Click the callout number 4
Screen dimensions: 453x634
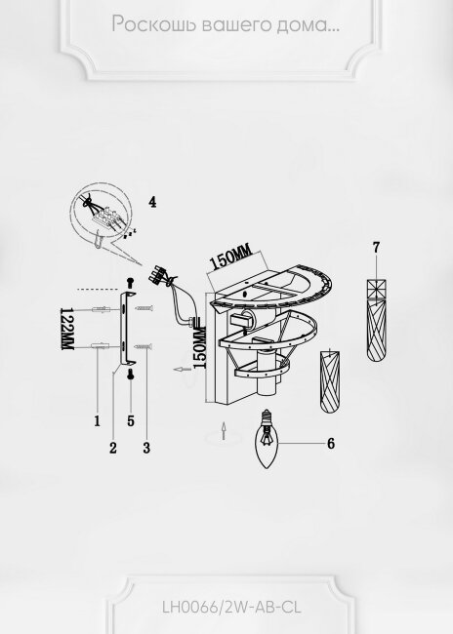pyautogui.click(x=152, y=202)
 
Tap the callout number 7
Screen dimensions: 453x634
pyautogui.click(x=377, y=248)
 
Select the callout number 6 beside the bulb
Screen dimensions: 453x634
pyautogui.click(x=331, y=444)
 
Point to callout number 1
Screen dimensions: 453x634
pyautogui.click(x=98, y=421)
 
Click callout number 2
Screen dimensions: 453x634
pyautogui.click(x=113, y=448)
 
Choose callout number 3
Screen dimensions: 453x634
pyautogui.click(x=146, y=448)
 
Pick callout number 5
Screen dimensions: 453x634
pyautogui.click(x=131, y=421)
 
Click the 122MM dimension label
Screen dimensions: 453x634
pyautogui.click(x=66, y=329)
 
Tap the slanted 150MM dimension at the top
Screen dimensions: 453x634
pyautogui.click(x=230, y=258)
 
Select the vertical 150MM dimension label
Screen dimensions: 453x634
pyautogui.click(x=200, y=347)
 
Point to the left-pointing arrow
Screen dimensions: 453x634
pyautogui.click(x=182, y=369)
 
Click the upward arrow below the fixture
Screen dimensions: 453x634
pyautogui.click(x=223, y=430)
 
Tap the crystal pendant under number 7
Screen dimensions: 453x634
pyautogui.click(x=377, y=320)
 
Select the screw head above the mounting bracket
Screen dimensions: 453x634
pyautogui.click(x=131, y=282)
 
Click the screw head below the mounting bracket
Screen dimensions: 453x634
pyautogui.click(x=131, y=374)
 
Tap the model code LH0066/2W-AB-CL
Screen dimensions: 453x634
pyautogui.click(x=231, y=608)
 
